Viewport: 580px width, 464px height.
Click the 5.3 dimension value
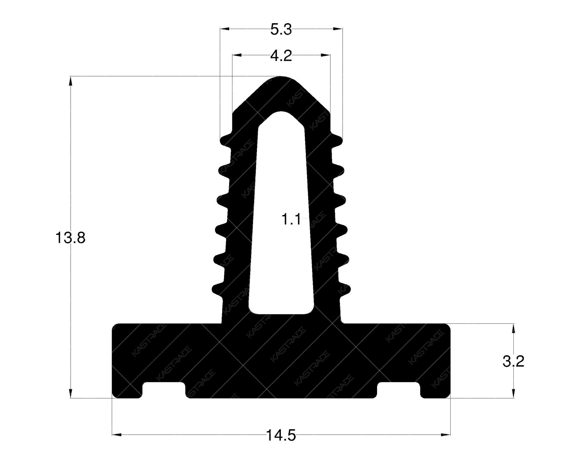281,30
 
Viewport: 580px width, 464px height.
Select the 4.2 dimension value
281,56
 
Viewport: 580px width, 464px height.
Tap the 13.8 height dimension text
70,238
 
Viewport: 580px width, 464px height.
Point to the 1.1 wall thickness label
291,219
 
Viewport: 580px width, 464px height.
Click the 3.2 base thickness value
513,361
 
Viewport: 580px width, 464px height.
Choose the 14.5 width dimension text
281,435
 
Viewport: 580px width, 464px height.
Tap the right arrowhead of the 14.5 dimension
446,434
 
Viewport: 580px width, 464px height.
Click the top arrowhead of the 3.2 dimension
513,328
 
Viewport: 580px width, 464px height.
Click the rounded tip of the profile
281,79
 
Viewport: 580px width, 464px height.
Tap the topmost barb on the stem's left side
224,140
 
